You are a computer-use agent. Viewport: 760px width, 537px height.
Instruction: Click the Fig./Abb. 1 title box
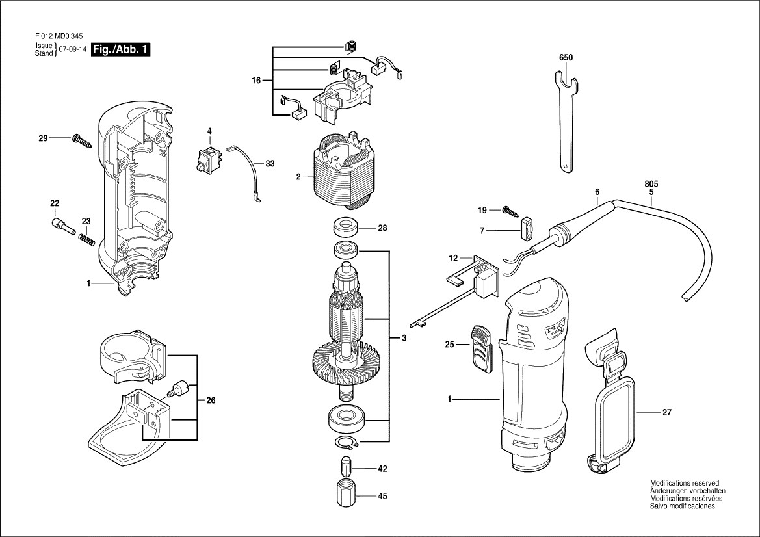pyautogui.click(x=122, y=50)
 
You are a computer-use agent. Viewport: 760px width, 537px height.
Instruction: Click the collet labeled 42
pyautogui.click(x=345, y=468)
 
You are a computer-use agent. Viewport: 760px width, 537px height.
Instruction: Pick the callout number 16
pyautogui.click(x=256, y=81)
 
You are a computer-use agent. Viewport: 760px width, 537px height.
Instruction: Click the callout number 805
pyautogui.click(x=651, y=184)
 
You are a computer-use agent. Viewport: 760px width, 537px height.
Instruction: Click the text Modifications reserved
pyautogui.click(x=685, y=484)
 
